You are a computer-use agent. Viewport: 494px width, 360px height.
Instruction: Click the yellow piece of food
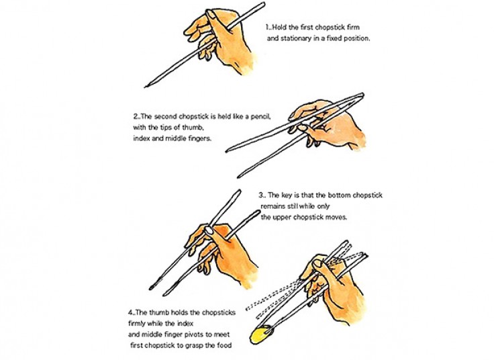[x=261, y=334]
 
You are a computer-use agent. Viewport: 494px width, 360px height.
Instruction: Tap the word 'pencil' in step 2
[x=260, y=117]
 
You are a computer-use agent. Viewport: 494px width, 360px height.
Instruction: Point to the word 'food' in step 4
[x=224, y=345]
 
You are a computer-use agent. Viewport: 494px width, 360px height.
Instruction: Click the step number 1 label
[x=268, y=28]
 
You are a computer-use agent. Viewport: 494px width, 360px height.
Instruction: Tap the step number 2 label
[x=136, y=117]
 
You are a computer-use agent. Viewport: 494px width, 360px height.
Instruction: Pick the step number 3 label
[x=262, y=195]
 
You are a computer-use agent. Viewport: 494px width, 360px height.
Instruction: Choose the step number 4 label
[x=131, y=313]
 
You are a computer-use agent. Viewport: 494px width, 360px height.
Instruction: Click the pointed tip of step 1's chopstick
[x=145, y=87]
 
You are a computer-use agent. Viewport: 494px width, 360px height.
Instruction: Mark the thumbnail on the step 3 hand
[x=209, y=230]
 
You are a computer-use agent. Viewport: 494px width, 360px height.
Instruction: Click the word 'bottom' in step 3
[x=340, y=195]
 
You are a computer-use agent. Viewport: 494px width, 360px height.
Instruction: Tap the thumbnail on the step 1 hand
[x=211, y=14]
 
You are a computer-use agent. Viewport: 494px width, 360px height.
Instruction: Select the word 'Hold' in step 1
[x=279, y=28]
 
